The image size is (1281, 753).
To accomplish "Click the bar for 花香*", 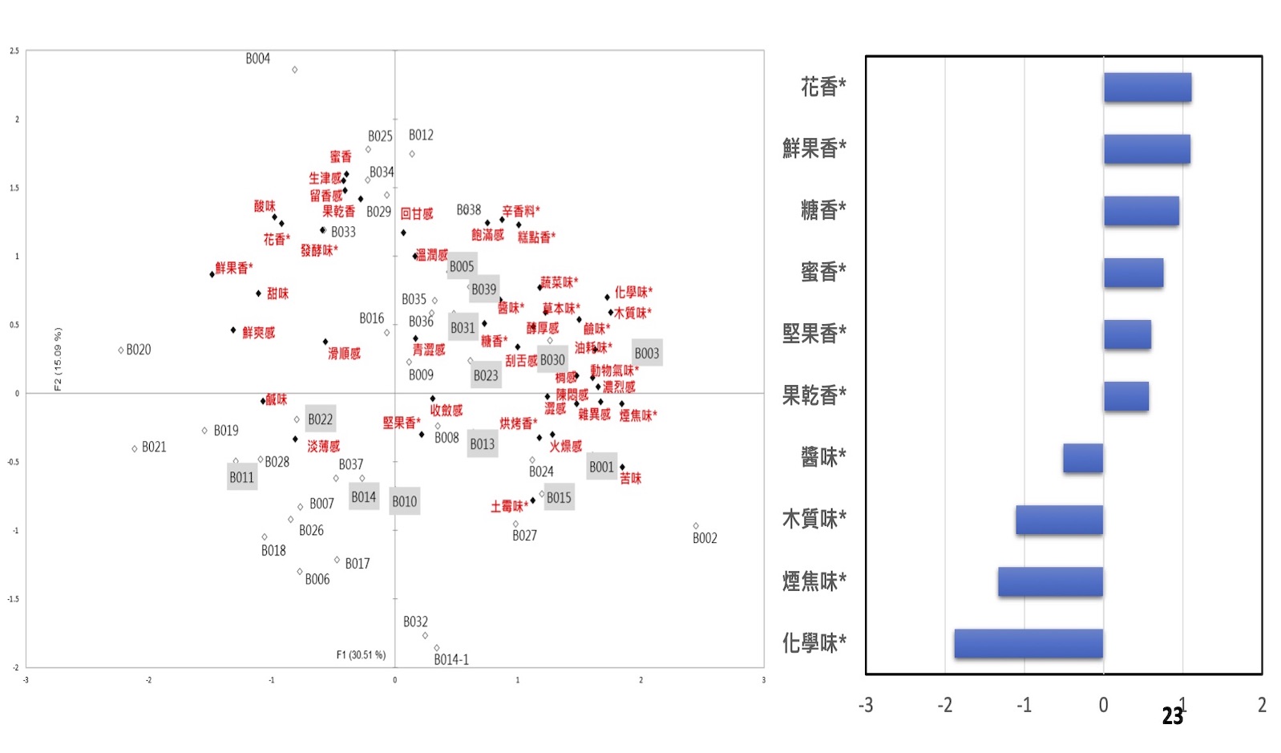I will pos(1147,87).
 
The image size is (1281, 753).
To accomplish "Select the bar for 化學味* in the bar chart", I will pos(1028,643).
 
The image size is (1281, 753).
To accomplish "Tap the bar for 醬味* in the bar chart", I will pos(1083,458).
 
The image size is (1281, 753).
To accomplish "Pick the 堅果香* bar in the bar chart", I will pos(1127,334).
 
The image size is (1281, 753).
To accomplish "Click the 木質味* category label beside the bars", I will pos(814,520).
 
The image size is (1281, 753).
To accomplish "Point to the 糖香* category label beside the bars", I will pos(823,210).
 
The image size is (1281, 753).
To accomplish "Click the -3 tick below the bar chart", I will pos(866,705).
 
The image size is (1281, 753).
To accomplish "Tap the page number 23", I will pos(1172,716).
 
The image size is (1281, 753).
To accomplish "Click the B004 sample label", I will pos(258,59).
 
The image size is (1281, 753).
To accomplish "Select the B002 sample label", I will pos(705,538).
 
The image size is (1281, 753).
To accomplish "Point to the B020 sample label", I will pos(139,350).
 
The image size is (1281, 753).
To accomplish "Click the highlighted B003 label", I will pos(647,354).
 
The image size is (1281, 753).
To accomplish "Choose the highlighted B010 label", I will pos(404,501).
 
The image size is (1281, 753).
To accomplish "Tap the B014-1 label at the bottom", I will pos(451,659).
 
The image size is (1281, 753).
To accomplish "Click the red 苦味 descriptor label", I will pos(631,478).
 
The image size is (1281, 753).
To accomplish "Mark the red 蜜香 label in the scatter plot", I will pos(341,156).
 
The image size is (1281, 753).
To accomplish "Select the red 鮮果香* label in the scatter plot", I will pos(234,268).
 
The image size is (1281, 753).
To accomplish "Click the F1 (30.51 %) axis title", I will pos(361,654).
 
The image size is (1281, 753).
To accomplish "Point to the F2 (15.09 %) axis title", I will pos(58,358).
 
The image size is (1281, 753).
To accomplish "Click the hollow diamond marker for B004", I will pos(295,70).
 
